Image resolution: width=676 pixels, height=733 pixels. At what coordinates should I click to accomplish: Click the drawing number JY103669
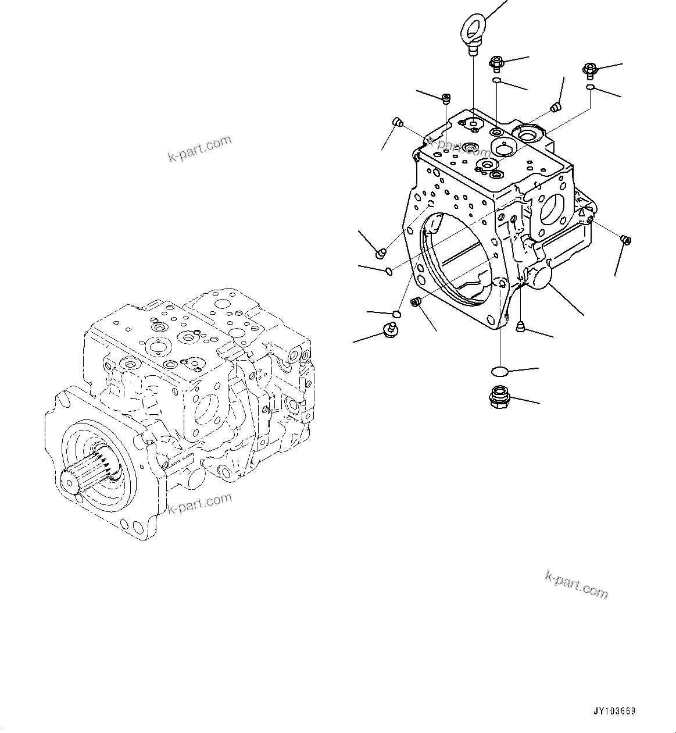[x=614, y=711]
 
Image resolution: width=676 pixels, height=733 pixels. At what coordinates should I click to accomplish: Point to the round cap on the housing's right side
[x=538, y=275]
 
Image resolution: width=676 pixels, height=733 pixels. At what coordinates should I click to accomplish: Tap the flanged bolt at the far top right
[x=588, y=69]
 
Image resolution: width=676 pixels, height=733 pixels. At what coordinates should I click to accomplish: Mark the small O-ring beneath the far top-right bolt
[x=589, y=87]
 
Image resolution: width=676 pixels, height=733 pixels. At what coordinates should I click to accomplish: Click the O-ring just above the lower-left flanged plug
[x=396, y=314]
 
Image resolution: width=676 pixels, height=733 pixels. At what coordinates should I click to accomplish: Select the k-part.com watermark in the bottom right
[x=576, y=584]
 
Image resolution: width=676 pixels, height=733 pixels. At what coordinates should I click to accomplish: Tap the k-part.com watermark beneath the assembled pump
[x=199, y=504]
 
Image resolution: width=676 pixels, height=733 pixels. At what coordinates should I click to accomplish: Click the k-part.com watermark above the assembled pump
[x=199, y=149]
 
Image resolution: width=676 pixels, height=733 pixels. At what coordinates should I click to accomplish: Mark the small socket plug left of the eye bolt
[x=446, y=98]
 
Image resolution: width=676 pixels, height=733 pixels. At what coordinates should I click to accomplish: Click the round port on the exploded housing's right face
[x=552, y=209]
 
